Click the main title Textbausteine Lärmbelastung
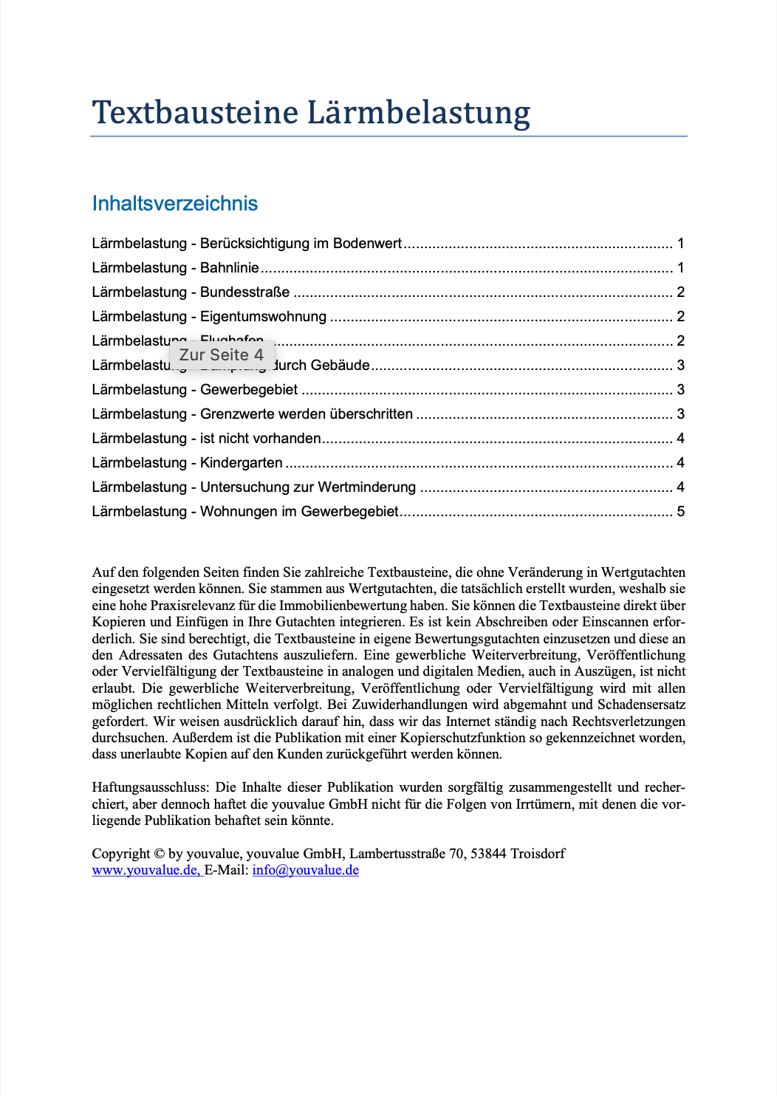[x=311, y=113]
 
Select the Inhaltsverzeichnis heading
[x=175, y=204]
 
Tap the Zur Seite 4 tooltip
[x=222, y=355]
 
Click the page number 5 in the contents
[x=681, y=512]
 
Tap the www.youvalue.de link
[x=146, y=870]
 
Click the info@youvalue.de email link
[x=306, y=870]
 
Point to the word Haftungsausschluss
[x=151, y=787]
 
